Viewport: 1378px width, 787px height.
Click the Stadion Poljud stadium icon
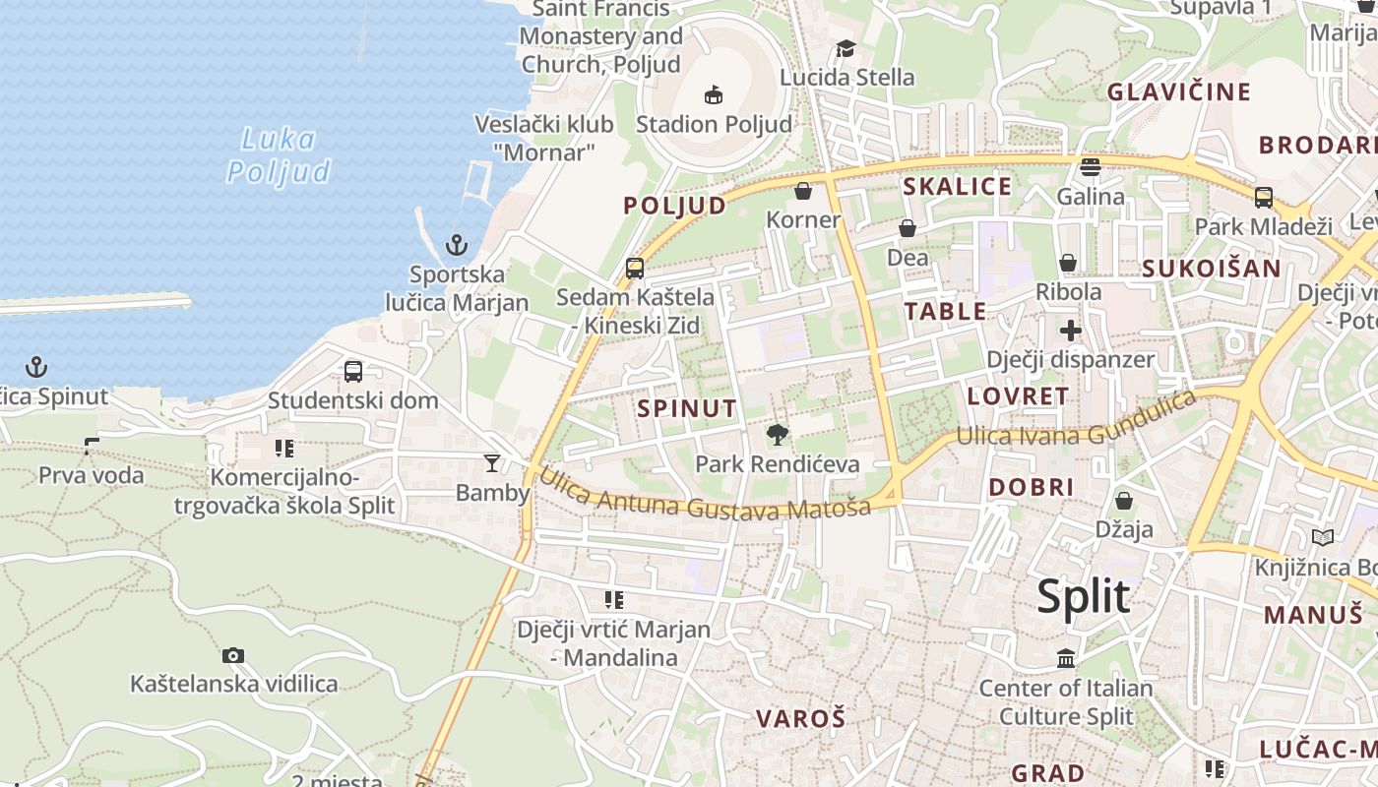coord(714,95)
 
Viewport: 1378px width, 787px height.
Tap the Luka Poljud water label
coord(280,155)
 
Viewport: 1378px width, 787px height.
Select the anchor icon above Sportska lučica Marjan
coord(457,245)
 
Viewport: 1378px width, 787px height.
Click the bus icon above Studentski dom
coord(353,372)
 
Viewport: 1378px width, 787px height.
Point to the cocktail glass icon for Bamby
coord(492,462)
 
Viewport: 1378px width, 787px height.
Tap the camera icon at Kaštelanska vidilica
coord(233,655)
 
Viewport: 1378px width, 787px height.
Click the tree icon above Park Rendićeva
coord(778,434)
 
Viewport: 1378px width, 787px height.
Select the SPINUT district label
coord(686,408)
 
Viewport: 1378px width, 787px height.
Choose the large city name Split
coord(1083,596)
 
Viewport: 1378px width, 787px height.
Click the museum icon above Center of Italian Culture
coord(1066,658)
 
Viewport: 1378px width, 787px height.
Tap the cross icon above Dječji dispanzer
coord(1071,331)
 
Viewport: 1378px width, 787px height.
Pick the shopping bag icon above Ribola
coord(1068,264)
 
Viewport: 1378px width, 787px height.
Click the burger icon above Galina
coord(1090,167)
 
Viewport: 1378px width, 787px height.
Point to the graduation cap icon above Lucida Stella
coord(846,49)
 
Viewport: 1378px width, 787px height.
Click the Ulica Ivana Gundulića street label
coord(1076,423)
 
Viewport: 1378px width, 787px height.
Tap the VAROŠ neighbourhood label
coord(800,718)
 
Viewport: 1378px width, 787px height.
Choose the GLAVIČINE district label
coord(1179,92)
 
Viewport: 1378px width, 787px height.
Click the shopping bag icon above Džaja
coord(1124,502)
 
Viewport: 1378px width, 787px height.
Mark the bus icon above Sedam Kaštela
coord(635,268)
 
